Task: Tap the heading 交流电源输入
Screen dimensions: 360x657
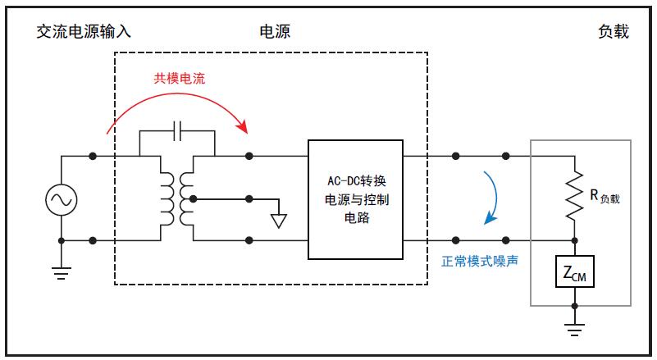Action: click(x=84, y=32)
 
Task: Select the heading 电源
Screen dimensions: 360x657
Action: click(x=275, y=32)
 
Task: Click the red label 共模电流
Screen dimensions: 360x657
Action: click(x=180, y=79)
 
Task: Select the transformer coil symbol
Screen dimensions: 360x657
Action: click(x=176, y=198)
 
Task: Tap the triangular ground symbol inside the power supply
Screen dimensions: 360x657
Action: click(x=279, y=219)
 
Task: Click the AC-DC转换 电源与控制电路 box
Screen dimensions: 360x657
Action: click(x=355, y=198)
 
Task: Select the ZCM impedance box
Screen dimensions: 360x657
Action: click(x=575, y=272)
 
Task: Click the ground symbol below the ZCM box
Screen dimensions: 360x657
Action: click(x=575, y=330)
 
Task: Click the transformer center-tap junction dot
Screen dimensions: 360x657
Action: click(x=193, y=198)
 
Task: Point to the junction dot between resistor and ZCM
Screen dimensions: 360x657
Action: click(x=575, y=240)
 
